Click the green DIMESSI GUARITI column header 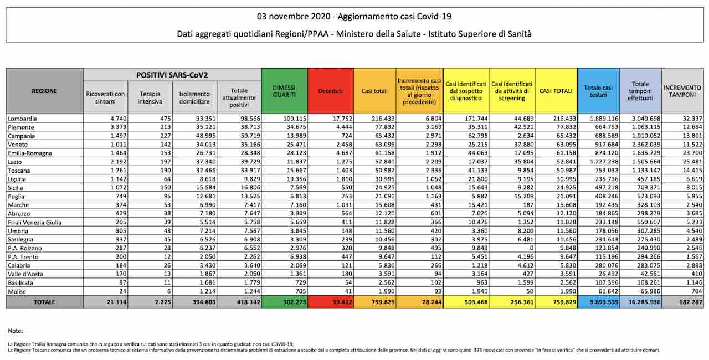284,91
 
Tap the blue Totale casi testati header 598,91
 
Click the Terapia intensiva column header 151,98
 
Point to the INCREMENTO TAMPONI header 682,91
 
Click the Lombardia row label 23,119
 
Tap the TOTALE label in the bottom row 44,302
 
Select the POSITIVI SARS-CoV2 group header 172,74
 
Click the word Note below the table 16,331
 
